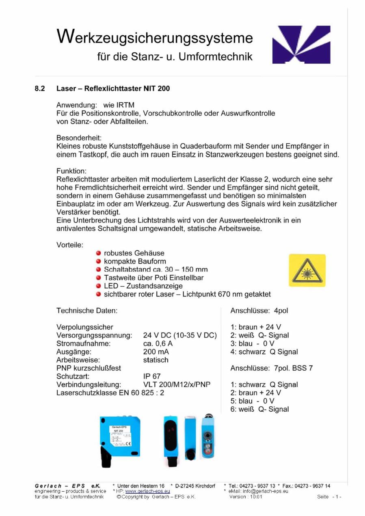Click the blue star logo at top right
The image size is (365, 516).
(x=301, y=45)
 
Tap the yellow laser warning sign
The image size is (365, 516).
(x=307, y=270)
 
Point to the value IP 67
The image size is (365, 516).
(x=152, y=376)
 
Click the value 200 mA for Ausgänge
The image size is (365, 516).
(x=156, y=352)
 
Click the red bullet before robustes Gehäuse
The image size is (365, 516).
(x=99, y=253)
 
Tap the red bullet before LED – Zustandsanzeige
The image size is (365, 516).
(x=99, y=286)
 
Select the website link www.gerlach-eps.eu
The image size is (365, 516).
(x=147, y=491)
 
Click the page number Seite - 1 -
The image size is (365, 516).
(x=329, y=497)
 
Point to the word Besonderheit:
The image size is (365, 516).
(x=79, y=138)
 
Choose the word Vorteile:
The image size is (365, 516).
(x=70, y=245)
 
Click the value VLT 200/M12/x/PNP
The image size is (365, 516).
(x=177, y=384)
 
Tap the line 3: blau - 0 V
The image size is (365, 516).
(x=252, y=343)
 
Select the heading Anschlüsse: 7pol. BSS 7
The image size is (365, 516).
(x=271, y=368)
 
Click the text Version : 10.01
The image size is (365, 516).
(x=246, y=497)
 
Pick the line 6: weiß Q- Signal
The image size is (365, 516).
(x=259, y=409)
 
